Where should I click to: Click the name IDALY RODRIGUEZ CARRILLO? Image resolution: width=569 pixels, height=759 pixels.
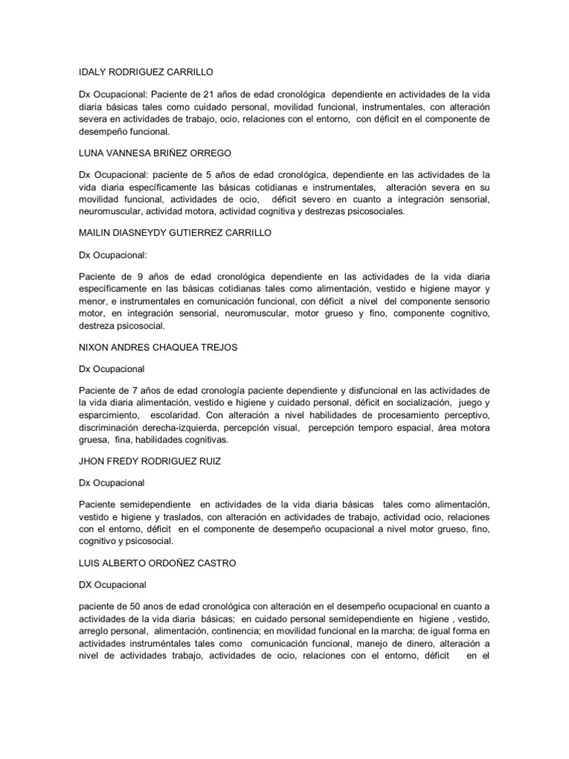pos(146,72)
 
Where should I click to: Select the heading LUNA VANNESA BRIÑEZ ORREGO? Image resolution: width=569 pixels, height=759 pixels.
pos(155,153)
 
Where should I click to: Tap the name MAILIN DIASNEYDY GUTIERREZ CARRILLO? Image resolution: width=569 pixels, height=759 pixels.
pos(175,233)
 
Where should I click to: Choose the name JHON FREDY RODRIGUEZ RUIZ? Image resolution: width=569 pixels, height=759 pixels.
pos(150,463)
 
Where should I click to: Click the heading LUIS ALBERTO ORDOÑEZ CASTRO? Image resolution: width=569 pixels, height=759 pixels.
pos(157,563)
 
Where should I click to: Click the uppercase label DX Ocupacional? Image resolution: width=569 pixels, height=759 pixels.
pos(113,584)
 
